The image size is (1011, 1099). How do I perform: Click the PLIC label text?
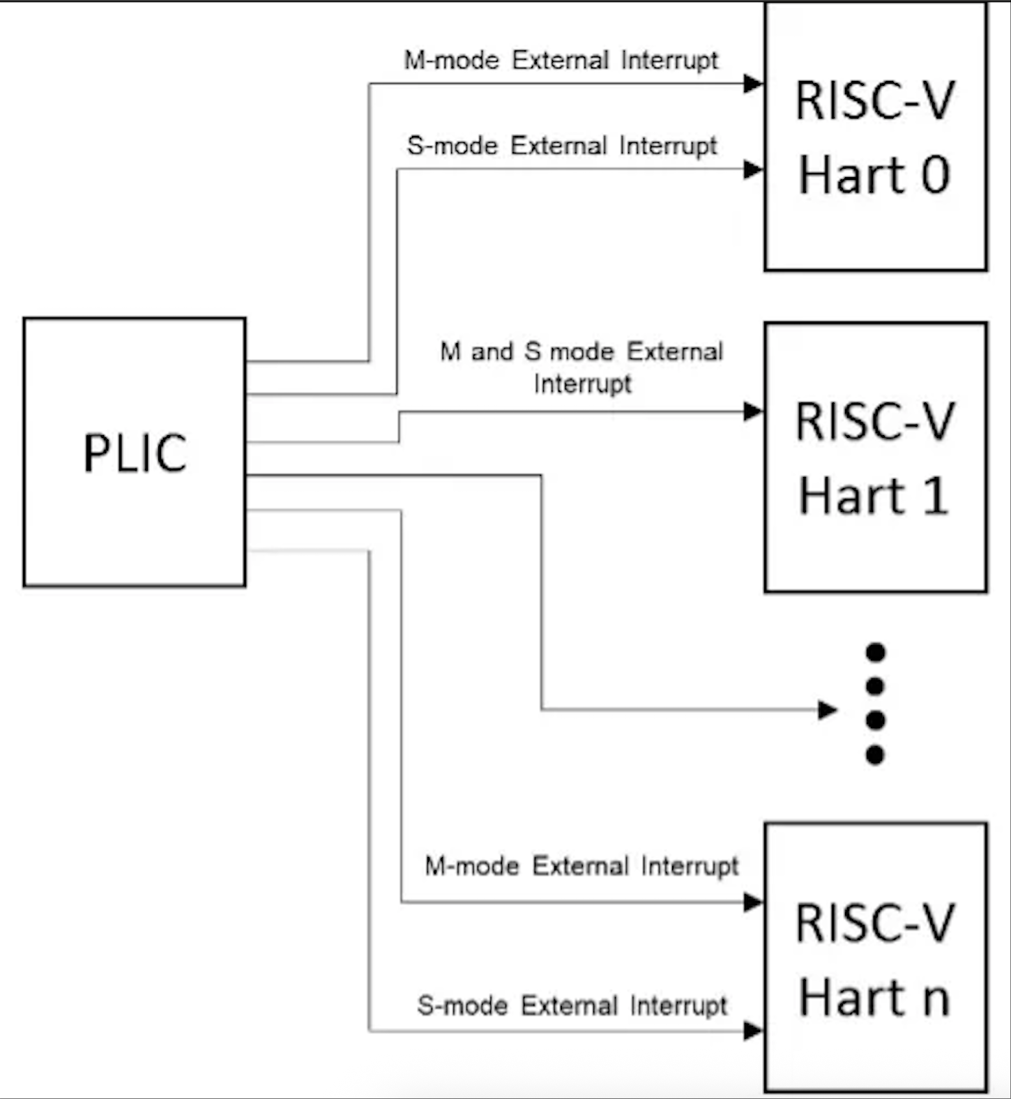coord(135,453)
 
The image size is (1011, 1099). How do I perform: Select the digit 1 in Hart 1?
coord(936,496)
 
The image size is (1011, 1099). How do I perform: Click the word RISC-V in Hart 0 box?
coord(874,100)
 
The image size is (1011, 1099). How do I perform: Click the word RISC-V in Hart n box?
coord(874,923)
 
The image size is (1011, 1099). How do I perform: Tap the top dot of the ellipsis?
coord(875,652)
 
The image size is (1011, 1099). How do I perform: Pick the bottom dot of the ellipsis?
coord(875,755)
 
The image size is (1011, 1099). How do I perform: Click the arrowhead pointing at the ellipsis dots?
coord(827,710)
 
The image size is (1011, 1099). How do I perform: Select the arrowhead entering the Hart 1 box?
coord(753,411)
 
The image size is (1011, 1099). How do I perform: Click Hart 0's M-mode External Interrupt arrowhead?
coord(753,84)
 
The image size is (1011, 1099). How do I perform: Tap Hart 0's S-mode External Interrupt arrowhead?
coord(753,169)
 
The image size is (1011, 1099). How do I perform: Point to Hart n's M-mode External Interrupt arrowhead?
coord(753,902)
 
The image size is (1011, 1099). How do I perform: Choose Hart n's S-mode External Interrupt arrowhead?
coord(753,1031)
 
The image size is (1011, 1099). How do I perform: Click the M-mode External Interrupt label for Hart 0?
coord(561,61)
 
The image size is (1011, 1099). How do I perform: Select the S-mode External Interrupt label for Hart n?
coord(572,1006)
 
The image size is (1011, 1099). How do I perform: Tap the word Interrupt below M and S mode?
coord(582,384)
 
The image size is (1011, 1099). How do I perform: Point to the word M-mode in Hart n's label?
coord(472,866)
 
